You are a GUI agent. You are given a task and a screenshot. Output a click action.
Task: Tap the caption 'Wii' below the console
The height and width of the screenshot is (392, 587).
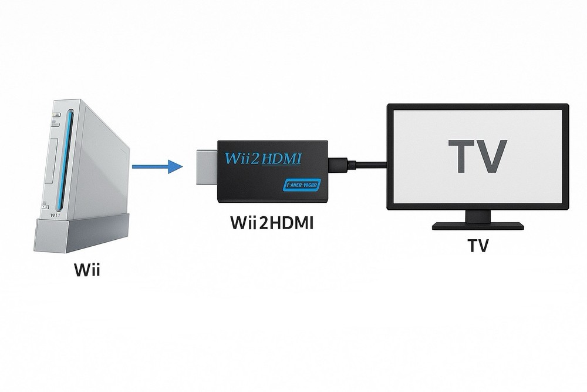coord(87,272)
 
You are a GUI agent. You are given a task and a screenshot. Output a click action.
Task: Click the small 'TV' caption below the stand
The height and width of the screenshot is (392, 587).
coord(478,246)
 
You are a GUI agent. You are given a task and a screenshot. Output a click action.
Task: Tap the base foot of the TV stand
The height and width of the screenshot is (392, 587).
coord(477,226)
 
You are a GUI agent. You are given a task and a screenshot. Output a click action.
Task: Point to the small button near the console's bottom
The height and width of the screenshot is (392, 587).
coord(46,206)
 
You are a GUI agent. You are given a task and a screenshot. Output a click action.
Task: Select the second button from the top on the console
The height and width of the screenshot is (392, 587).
coord(55,123)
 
